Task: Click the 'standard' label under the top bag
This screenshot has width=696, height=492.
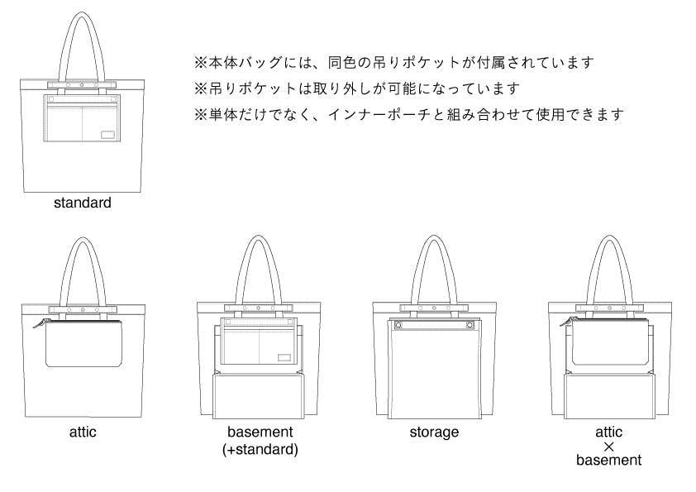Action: (x=83, y=202)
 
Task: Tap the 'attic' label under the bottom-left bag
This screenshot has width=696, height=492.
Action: (x=83, y=432)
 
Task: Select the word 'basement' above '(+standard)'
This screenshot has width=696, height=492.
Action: (x=260, y=432)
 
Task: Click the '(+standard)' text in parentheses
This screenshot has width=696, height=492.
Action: (x=260, y=450)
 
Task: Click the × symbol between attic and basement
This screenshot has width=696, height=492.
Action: (x=609, y=447)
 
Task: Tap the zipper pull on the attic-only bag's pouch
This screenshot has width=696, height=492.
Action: (x=37, y=324)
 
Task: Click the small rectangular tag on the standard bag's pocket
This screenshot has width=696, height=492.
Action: (x=107, y=136)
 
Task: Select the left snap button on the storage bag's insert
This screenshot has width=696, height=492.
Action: (x=398, y=325)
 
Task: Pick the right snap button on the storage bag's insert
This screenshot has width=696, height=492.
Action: (x=470, y=325)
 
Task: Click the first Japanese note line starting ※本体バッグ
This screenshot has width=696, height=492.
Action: (x=394, y=62)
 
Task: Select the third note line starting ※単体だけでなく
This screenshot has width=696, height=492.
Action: (x=408, y=114)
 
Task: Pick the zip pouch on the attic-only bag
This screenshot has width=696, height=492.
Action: (x=83, y=344)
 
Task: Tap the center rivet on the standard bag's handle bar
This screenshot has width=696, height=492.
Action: (x=83, y=84)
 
